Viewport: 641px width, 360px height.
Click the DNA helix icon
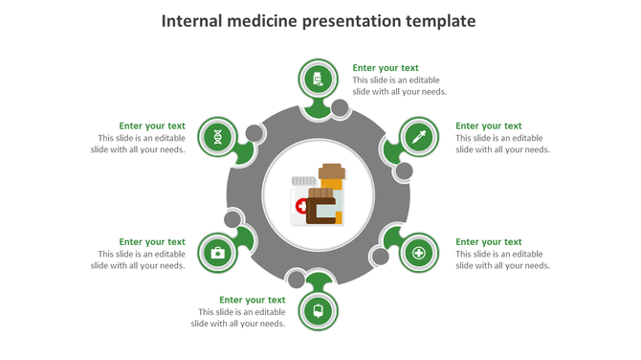218,137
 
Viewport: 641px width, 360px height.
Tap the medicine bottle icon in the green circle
319,79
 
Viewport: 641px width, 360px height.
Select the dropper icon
418,137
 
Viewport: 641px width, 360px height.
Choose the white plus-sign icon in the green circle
418,253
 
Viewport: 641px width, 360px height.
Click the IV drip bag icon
319,309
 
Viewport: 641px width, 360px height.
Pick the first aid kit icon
218,253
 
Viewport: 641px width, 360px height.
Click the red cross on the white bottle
301,206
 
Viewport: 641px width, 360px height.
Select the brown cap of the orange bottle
331,171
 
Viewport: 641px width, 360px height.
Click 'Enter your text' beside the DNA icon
152,125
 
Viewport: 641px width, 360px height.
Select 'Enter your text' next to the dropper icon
488,125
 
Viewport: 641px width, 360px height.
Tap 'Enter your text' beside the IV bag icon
253,300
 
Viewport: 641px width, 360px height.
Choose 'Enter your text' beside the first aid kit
152,242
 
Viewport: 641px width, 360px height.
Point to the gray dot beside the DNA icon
254,133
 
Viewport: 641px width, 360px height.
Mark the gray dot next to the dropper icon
404,171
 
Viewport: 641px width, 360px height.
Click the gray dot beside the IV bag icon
297,281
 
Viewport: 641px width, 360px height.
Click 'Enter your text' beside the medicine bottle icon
386,68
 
